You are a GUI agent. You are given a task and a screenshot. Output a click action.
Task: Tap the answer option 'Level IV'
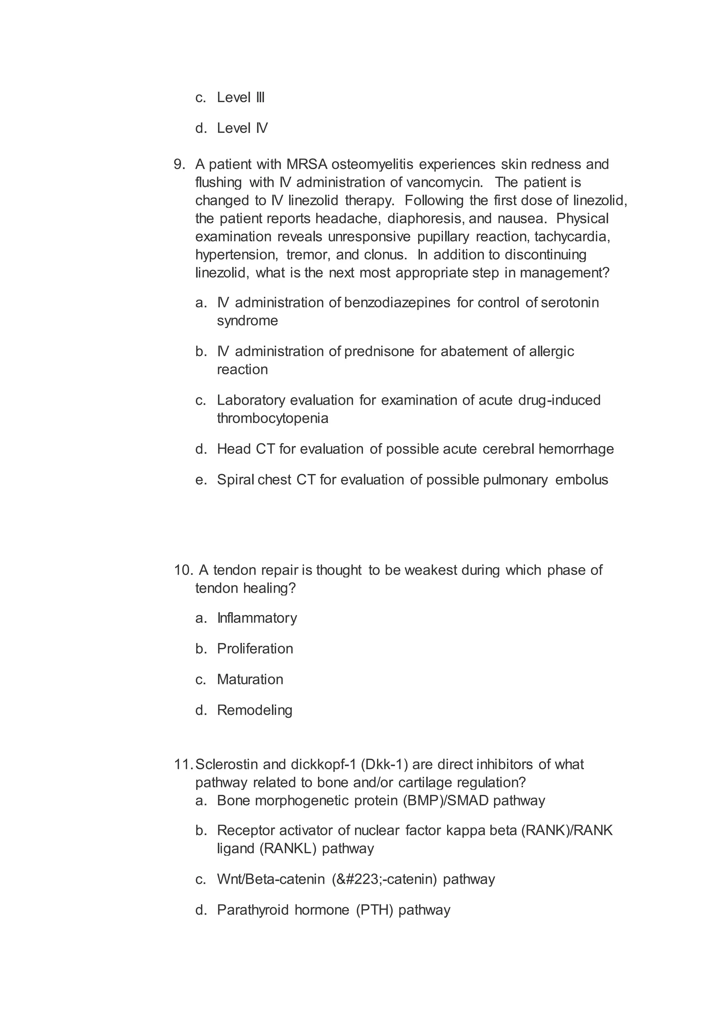242,128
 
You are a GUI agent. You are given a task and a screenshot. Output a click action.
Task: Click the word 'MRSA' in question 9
307,164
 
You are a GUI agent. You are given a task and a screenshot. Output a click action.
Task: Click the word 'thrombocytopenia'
272,418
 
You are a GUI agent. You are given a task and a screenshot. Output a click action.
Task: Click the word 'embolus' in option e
582,480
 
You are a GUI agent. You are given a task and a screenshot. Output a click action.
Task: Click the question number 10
183,570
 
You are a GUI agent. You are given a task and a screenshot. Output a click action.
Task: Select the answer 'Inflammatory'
257,618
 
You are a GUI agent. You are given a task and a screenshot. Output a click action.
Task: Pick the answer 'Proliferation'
255,649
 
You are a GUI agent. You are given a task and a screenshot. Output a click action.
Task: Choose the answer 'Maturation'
250,679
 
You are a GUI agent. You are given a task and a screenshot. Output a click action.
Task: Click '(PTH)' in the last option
374,910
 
